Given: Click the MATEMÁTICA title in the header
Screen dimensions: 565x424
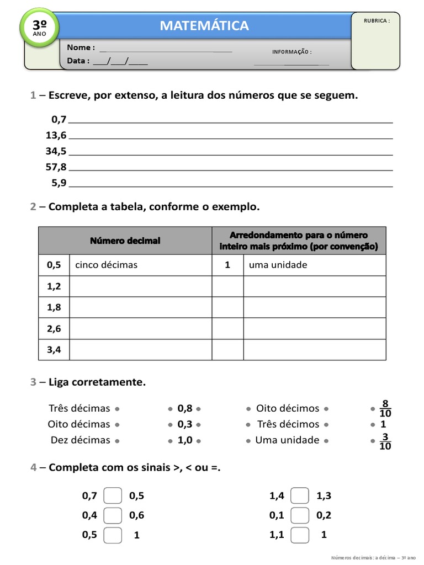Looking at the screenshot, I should [x=204, y=25].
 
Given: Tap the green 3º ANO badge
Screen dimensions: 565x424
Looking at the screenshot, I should [x=39, y=27].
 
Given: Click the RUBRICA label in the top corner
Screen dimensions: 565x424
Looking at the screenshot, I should [x=377, y=20].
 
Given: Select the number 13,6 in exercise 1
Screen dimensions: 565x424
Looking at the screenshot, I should [x=56, y=135].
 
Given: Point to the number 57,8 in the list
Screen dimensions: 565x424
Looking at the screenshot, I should [x=56, y=167].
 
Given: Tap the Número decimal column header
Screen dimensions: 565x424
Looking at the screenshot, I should [x=125, y=241].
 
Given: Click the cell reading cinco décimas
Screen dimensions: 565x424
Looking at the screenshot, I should [x=107, y=265].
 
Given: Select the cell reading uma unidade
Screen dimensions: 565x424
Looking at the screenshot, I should [x=278, y=265].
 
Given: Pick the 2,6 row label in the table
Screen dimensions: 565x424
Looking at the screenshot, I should [x=54, y=329].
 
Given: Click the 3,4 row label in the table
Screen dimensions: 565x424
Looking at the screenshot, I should [x=54, y=349].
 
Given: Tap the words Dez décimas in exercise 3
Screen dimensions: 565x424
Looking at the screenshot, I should [x=80, y=440].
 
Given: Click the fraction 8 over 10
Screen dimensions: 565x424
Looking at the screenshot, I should [x=385, y=409].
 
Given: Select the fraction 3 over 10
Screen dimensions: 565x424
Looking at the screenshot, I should [x=385, y=441].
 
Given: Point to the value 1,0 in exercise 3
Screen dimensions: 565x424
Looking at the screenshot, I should [x=185, y=440].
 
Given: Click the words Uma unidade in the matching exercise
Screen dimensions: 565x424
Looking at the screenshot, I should [x=287, y=440].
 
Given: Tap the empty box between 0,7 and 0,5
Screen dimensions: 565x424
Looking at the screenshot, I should [x=113, y=495].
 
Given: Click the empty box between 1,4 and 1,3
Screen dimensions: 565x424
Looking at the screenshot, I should [x=300, y=495].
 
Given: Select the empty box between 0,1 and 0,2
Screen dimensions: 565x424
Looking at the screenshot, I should [x=300, y=515].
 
